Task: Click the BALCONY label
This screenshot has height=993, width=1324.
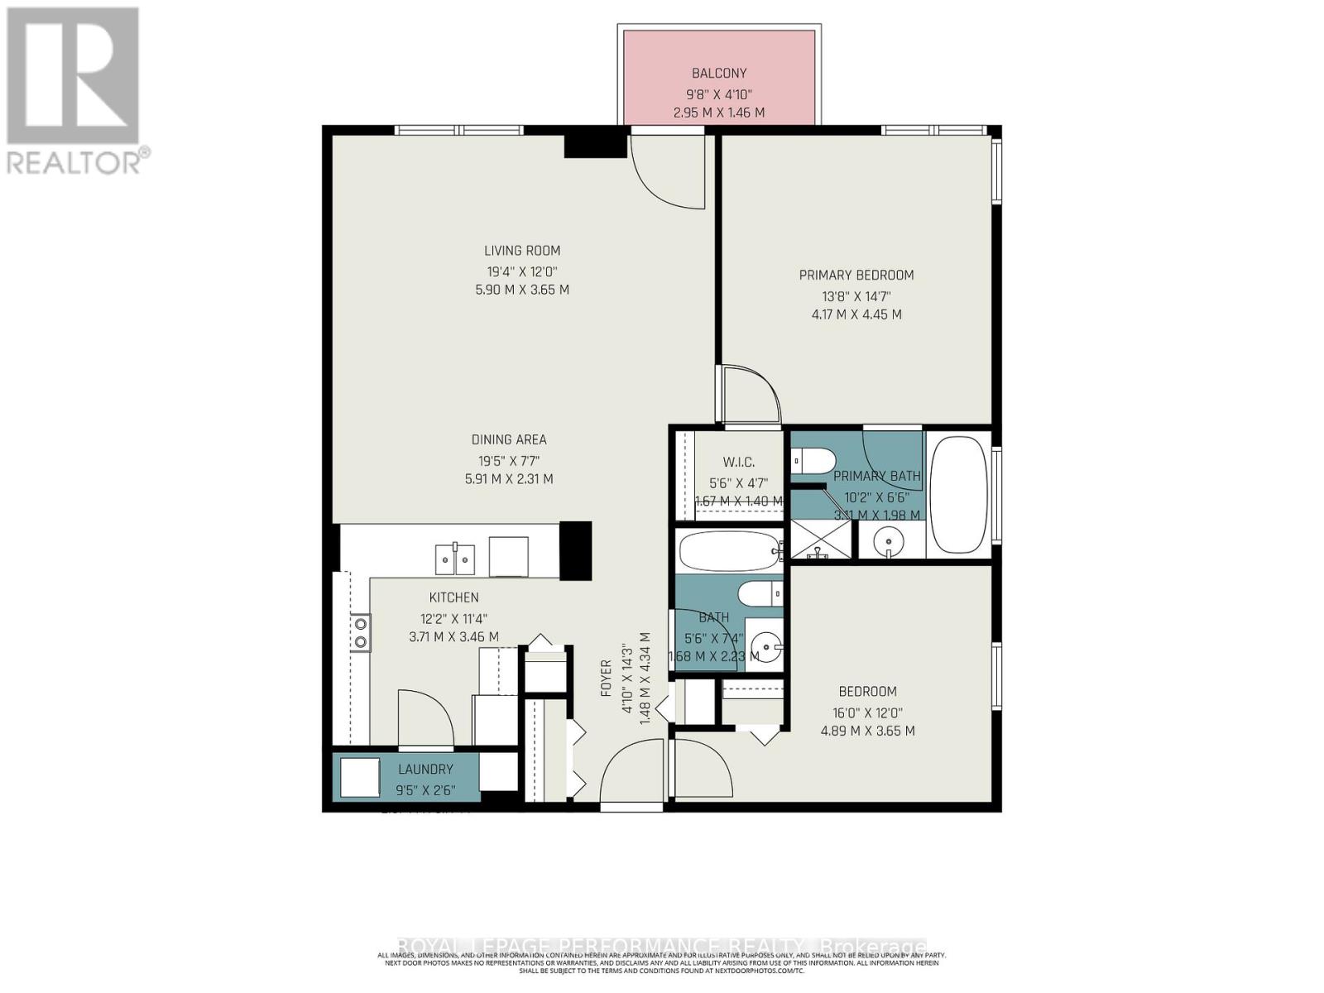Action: [x=718, y=73]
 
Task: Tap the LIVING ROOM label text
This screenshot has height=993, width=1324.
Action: [x=522, y=251]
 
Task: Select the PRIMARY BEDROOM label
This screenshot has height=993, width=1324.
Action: [x=856, y=275]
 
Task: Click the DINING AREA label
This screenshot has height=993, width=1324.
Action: [x=509, y=439]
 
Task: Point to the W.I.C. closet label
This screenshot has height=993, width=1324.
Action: [x=738, y=462]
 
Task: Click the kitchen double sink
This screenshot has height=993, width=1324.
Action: [x=455, y=559]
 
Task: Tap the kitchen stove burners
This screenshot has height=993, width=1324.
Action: [x=361, y=632]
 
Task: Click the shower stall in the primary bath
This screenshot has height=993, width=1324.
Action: [x=820, y=539]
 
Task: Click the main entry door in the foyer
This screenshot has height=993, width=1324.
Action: [x=632, y=774]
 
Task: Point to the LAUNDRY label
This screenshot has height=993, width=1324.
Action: [x=425, y=769]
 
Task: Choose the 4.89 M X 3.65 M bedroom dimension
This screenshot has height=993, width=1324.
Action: [x=867, y=731]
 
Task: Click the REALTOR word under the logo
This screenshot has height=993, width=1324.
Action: [x=74, y=161]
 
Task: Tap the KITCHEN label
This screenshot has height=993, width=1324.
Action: [x=453, y=597]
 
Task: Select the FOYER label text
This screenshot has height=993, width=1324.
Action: [x=607, y=677]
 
